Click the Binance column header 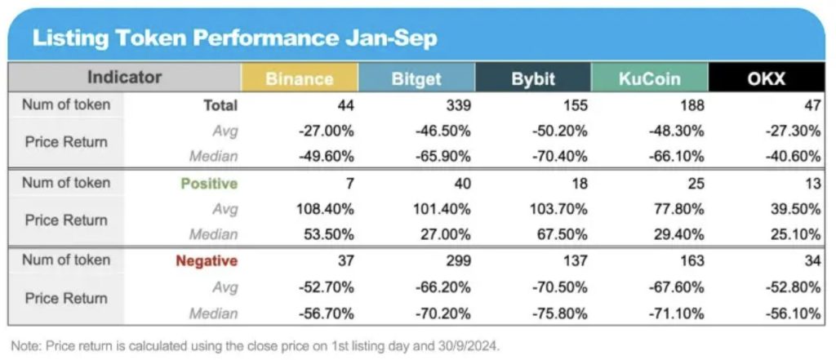(x=299, y=78)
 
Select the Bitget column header (x=416, y=78)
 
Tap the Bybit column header (x=533, y=78)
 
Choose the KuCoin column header (x=650, y=78)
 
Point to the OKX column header (x=767, y=78)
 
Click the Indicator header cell (x=124, y=78)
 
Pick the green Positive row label (x=209, y=184)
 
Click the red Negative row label (x=207, y=261)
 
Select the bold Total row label (x=220, y=105)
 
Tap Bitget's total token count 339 (x=459, y=105)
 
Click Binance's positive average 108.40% (x=325, y=209)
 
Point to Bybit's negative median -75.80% (x=560, y=313)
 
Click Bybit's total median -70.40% (x=560, y=156)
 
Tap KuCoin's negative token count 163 (x=692, y=261)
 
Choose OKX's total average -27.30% (x=794, y=131)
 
